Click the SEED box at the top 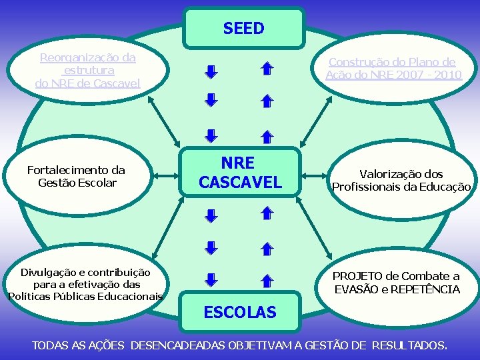pos(243,28)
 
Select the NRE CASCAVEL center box pos(241,172)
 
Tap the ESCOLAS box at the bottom pos(239,311)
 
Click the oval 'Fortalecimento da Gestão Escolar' pos(77,177)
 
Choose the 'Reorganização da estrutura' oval pos(87,70)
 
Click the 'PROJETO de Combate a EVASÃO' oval pos(396,283)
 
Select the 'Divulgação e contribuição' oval pos(85,284)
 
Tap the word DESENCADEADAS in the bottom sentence pos(179,345)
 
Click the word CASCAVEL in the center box pos(241,182)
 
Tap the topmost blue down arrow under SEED pos(211,71)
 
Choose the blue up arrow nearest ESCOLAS pos(265,281)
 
